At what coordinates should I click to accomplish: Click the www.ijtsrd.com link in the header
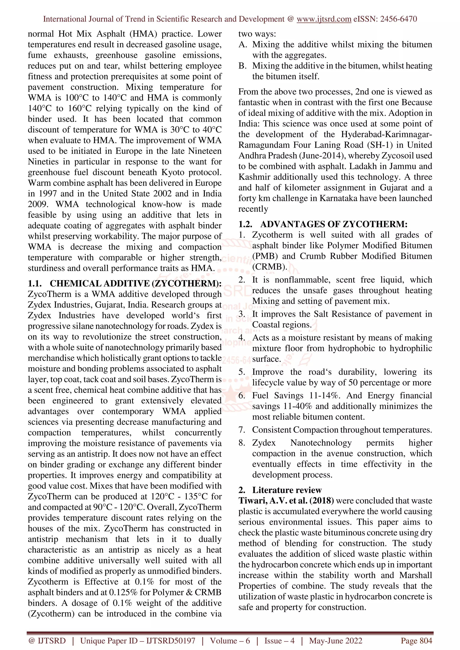pyautogui.click(x=324, y=19)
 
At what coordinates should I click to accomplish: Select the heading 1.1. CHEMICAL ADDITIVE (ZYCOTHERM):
pyautogui.click(x=125, y=283)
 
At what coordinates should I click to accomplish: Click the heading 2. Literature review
pyautogui.click(x=280, y=490)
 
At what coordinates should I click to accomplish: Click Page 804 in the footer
pyautogui.click(x=416, y=641)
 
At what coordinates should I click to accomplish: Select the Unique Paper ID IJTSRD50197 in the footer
pyautogui.click(x=138, y=641)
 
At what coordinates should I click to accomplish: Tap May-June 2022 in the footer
pyautogui.click(x=336, y=641)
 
